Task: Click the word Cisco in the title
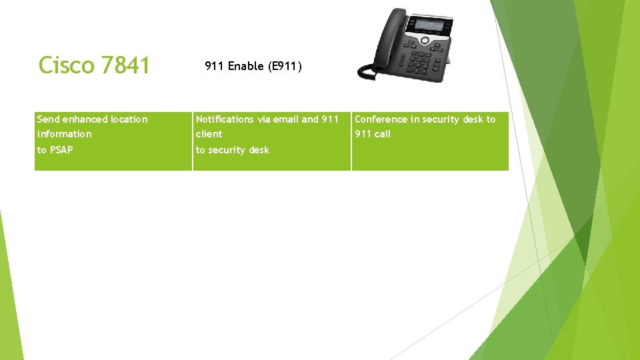67,65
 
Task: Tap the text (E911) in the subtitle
285,66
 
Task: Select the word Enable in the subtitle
246,66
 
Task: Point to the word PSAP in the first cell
61,150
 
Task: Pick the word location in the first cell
129,119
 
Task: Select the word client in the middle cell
209,134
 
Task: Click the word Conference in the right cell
381,119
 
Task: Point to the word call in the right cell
382,134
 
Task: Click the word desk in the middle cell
259,150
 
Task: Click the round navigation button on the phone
425,41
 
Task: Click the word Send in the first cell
48,119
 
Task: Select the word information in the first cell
65,134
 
